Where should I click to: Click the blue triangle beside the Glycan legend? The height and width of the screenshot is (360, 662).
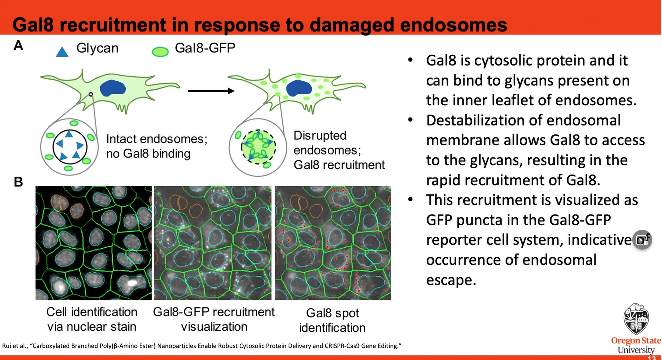coord(62,51)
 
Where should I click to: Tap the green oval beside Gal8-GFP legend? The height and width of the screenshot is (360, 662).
coord(160,51)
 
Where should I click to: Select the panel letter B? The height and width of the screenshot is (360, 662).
coord(18,182)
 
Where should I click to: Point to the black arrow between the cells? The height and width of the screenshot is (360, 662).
coord(210,91)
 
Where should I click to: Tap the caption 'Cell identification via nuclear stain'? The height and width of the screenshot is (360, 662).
coord(92,319)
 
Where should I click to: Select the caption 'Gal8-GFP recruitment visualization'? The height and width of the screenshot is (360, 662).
coord(214,319)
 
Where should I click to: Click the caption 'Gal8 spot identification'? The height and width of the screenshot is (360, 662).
coord(332,320)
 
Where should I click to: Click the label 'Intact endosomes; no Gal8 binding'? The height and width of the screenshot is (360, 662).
coord(157,146)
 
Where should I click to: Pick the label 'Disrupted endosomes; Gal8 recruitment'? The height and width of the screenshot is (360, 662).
coord(339,150)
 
